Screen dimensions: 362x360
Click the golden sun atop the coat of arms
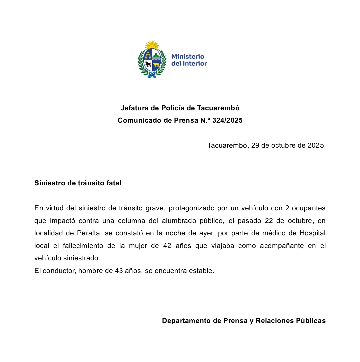tap(152, 45)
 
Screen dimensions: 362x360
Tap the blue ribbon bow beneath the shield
tap(152, 75)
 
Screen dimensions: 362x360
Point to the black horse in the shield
tap(148, 64)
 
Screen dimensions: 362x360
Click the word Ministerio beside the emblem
tap(188, 57)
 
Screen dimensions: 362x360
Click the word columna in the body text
tap(130, 221)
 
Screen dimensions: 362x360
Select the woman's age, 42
tap(167, 246)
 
